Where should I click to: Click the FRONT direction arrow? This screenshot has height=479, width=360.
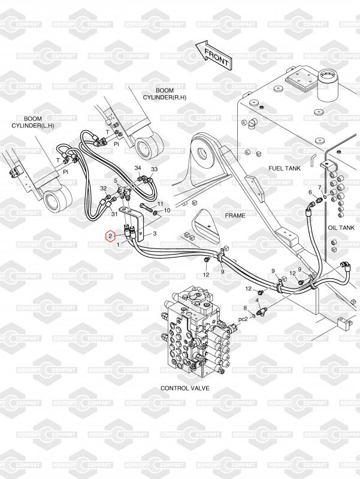[x=213, y=54]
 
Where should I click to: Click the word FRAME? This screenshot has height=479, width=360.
[x=235, y=214]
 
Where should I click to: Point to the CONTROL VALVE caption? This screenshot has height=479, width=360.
[x=185, y=388]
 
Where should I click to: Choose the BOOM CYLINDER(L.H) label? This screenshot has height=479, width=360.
[x=33, y=122]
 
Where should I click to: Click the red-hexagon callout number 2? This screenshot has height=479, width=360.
[x=110, y=237]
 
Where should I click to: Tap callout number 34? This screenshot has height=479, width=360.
[x=138, y=168]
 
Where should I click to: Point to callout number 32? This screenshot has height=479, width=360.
[x=104, y=188]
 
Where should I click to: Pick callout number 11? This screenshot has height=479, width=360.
[x=160, y=204]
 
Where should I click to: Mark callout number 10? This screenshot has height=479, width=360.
[x=167, y=211]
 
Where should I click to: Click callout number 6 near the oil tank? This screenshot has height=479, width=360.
[x=310, y=192]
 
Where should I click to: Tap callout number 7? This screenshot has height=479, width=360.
[x=320, y=187]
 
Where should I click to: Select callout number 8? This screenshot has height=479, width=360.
[x=245, y=308]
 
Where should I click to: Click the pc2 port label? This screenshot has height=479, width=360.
[x=243, y=319]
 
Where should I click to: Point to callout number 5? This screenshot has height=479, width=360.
[x=116, y=180]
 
